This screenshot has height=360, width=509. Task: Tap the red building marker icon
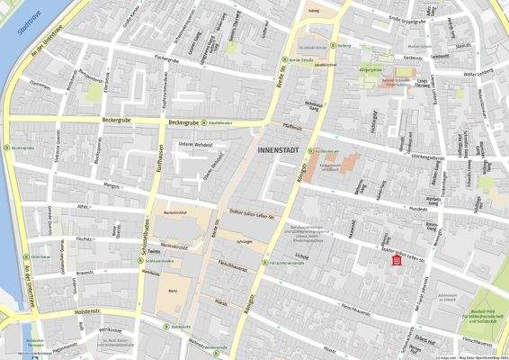click(x=396, y=260)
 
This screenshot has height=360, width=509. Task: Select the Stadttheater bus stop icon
click(x=204, y=122)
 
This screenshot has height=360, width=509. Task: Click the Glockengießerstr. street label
click(x=428, y=157)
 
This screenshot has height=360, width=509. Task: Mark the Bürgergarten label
click(x=371, y=68)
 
